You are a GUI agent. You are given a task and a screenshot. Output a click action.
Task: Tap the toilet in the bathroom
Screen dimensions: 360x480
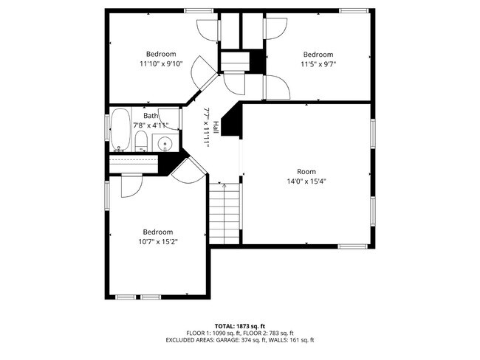coord(142,142)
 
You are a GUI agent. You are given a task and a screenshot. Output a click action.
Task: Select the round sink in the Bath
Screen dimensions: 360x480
coord(166,142)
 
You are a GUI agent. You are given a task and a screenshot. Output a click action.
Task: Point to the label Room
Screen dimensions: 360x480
coord(306,171)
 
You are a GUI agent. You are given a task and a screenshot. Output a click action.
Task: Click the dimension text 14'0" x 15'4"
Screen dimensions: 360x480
coord(306,181)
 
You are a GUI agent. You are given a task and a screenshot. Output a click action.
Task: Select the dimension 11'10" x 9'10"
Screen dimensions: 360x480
coord(160,64)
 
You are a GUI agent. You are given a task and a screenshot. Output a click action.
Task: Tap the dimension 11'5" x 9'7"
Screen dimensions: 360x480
coord(318,64)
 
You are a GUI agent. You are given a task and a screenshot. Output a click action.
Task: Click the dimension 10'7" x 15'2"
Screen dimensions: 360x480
coord(158,240)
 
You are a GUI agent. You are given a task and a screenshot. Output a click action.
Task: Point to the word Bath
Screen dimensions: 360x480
coord(151,116)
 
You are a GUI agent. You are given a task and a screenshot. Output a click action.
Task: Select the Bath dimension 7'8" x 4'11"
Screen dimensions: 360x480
coord(151,125)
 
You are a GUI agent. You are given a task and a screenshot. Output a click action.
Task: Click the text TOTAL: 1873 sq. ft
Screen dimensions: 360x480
coord(240,325)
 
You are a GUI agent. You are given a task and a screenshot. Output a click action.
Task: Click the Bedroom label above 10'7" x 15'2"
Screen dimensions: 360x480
coord(158,231)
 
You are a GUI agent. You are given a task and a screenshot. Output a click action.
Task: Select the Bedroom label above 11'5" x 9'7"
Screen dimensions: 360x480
coord(318,55)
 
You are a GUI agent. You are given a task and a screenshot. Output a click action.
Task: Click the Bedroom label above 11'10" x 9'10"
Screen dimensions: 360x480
coord(160,54)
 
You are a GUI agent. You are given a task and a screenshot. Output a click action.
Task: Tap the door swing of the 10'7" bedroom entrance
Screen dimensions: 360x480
coord(189,170)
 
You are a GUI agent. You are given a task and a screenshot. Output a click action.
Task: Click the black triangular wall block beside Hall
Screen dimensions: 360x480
coord(233,122)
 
